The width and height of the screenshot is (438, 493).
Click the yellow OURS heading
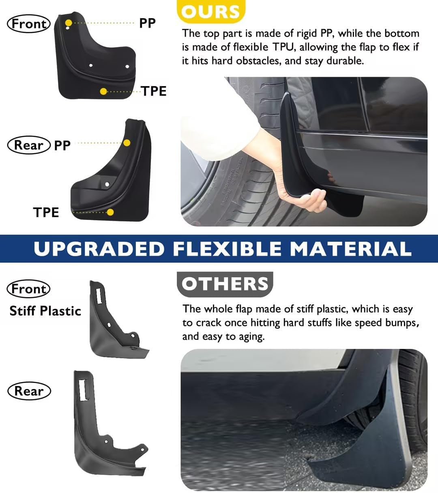[211, 11]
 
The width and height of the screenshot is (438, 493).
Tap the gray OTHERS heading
[225, 284]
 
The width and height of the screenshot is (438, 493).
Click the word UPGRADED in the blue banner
[99, 249]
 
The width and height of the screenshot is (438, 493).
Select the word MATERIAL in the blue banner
[351, 249]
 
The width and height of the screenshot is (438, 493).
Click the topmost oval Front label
[29, 24]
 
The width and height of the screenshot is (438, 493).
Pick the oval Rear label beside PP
[29, 145]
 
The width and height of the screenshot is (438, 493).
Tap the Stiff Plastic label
[45, 311]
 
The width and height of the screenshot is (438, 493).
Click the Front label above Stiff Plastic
[29, 289]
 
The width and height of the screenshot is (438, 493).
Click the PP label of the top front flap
[147, 23]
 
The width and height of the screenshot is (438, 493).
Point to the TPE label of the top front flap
[154, 91]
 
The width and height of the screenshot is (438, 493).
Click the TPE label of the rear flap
[46, 212]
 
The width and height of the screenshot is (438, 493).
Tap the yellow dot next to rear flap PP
[127, 143]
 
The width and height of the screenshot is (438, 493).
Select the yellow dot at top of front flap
[69, 23]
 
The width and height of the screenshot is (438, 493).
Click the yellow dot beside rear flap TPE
[110, 212]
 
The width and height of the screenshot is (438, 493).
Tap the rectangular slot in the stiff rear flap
[83, 390]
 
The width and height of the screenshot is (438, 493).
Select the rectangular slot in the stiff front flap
[99, 295]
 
